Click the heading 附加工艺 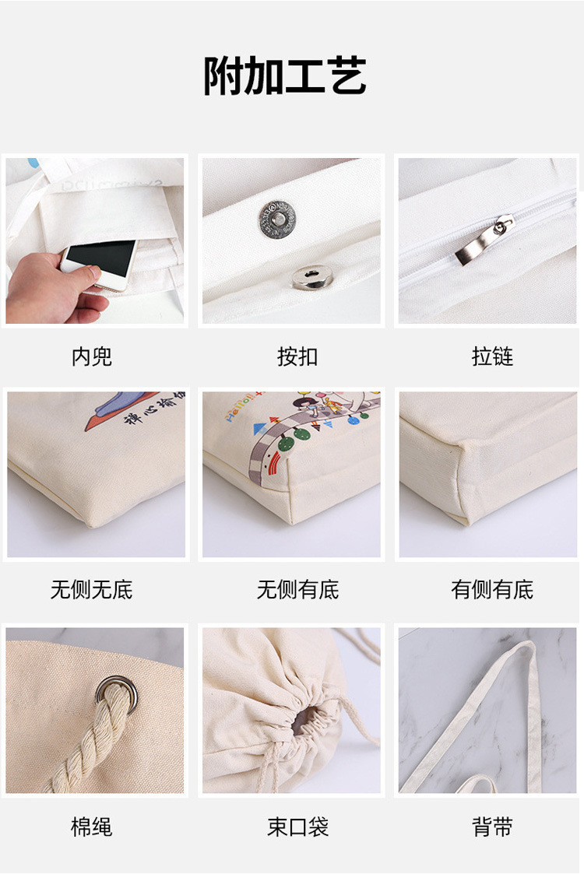pyautogui.click(x=285, y=77)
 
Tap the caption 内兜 pyautogui.click(x=92, y=356)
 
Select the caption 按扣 pyautogui.click(x=297, y=356)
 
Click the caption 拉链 pyautogui.click(x=492, y=356)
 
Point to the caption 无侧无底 pyautogui.click(x=92, y=590)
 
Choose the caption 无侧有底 pyautogui.click(x=297, y=590)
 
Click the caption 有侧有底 pyautogui.click(x=492, y=590)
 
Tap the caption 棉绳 pyautogui.click(x=92, y=827)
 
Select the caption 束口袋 pyautogui.click(x=297, y=827)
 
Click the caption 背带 pyautogui.click(x=492, y=827)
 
